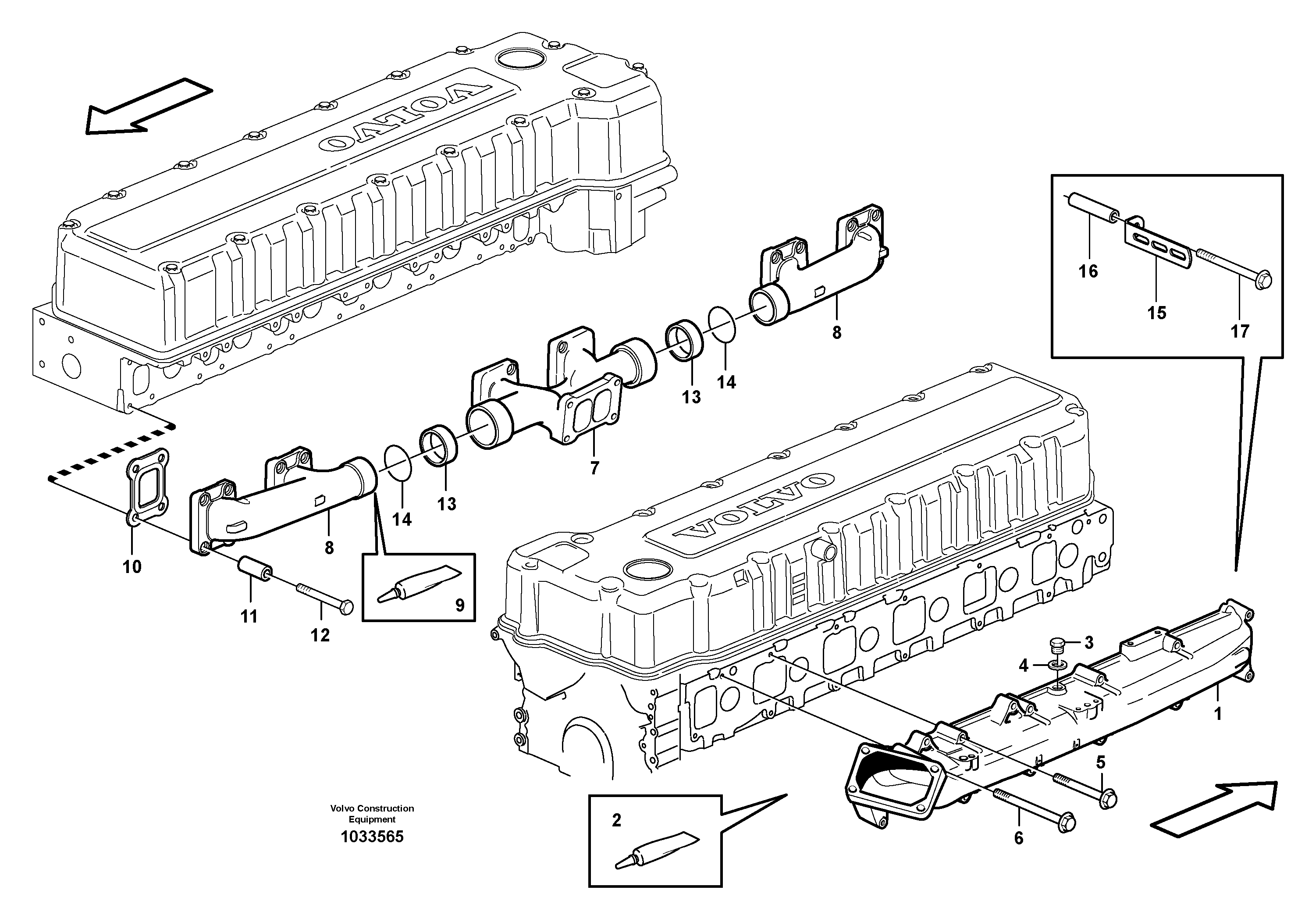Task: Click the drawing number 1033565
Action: [372, 837]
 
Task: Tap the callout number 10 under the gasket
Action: [132, 567]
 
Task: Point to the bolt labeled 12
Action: [324, 598]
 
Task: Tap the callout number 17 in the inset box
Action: [1240, 331]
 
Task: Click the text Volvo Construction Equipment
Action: [372, 813]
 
